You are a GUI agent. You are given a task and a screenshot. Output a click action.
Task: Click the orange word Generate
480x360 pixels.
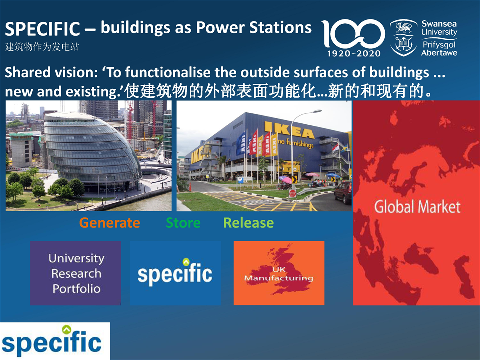[110, 223]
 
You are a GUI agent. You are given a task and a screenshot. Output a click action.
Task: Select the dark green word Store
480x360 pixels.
[183, 223]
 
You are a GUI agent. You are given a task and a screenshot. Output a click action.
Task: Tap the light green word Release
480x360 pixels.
[249, 223]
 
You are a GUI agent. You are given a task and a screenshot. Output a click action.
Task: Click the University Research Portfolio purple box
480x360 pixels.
[75, 273]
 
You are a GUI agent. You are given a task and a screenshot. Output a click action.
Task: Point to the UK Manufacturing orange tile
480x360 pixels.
[279, 273]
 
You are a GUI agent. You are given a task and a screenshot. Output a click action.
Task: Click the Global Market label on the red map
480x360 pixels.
[417, 207]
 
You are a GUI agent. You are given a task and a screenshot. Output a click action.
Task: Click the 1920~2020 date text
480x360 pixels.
[354, 54]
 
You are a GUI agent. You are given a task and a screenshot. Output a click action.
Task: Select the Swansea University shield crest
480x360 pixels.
[404, 38]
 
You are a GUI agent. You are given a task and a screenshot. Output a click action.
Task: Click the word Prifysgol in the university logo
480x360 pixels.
[439, 45]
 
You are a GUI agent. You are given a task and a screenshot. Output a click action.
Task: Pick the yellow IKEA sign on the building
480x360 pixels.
[289, 130]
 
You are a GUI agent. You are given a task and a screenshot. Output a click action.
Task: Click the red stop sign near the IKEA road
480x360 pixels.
[293, 193]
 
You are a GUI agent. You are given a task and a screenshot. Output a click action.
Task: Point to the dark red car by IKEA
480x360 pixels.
[343, 192]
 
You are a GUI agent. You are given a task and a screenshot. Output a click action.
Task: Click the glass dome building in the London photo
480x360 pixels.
[92, 150]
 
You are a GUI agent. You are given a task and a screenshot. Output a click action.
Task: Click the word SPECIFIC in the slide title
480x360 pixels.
[42, 29]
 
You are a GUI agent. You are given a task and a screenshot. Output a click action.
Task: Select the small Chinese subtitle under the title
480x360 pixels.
[42, 47]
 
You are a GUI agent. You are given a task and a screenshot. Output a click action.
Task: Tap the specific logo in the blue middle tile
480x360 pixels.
[175, 272]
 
